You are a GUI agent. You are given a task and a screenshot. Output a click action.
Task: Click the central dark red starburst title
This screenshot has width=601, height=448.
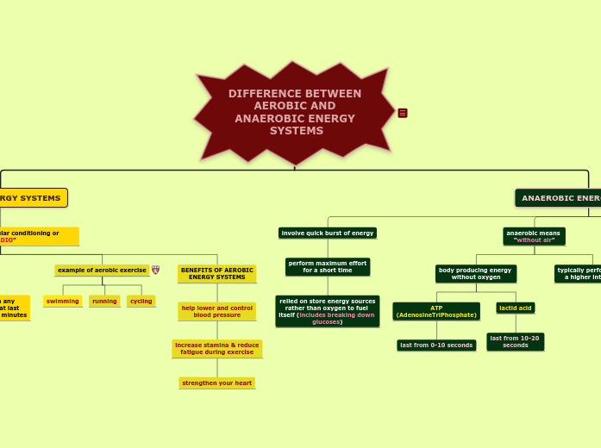295,113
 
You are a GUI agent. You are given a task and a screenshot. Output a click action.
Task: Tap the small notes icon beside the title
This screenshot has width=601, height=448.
403,113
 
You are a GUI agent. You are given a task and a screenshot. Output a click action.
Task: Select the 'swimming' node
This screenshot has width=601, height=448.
63,301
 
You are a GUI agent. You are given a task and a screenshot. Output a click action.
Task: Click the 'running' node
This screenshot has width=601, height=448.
104,301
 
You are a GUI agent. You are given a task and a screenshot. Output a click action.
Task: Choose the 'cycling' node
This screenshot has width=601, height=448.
141,301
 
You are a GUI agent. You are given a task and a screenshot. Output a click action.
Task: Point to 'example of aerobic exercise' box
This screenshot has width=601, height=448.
102,271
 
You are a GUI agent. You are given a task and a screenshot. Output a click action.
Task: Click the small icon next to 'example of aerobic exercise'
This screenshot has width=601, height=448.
155,271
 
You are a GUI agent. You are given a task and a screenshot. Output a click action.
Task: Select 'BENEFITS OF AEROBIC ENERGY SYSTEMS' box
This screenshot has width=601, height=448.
217,274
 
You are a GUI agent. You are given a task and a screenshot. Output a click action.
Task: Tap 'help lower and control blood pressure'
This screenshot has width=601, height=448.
217,311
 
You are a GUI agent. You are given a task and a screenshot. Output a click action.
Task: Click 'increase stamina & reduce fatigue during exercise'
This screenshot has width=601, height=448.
217,349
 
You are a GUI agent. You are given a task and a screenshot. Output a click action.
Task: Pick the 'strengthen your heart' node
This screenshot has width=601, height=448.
217,383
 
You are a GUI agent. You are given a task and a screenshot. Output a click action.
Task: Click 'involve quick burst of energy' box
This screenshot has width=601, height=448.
328,233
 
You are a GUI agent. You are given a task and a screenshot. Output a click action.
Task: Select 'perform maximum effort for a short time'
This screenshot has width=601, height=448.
328,267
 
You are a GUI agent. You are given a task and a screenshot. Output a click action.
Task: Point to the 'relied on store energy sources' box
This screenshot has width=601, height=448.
328,311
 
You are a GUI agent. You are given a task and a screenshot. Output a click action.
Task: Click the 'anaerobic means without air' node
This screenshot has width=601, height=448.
534,236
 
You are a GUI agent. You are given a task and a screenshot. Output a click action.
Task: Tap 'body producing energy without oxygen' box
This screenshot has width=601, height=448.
476,274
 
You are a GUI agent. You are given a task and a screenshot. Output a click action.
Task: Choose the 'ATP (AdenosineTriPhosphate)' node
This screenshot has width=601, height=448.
436,311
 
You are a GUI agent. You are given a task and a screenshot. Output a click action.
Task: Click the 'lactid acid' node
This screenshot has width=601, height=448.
516,308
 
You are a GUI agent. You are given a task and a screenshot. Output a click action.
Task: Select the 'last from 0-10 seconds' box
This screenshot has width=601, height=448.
436,345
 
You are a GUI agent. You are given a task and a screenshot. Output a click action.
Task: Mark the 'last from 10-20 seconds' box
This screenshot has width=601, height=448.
516,342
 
